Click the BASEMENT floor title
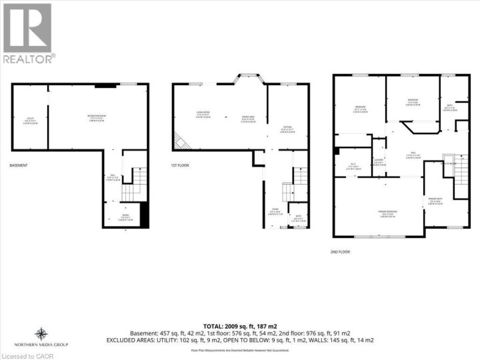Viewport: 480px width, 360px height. click(x=19, y=165)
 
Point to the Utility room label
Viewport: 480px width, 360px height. click(x=30, y=120)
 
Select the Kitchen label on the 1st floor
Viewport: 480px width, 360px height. click(x=288, y=130)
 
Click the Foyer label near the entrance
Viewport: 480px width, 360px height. click(x=274, y=212)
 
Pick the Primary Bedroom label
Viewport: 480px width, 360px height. click(x=379, y=214)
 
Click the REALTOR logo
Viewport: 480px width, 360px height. click(x=28, y=33)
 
